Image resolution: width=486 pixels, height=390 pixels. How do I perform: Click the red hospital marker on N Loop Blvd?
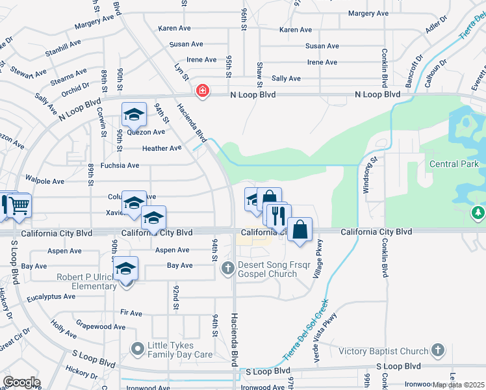[x=203, y=91]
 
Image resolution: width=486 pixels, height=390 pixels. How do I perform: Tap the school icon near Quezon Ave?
[x=134, y=116]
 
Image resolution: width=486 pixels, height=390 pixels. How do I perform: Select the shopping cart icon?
[x=19, y=205]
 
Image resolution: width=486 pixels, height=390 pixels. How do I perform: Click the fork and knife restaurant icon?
[x=279, y=214]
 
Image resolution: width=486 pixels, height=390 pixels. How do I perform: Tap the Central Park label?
[x=454, y=164]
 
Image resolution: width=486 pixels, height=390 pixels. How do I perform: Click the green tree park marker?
[x=479, y=213]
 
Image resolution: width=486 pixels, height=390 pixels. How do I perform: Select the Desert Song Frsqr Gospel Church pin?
[x=227, y=268]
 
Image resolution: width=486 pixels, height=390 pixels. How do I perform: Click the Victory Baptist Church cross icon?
[x=438, y=352]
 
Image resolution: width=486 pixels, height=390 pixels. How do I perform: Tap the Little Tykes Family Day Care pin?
[x=137, y=350]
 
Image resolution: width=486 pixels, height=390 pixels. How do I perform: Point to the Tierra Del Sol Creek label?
[x=307, y=330]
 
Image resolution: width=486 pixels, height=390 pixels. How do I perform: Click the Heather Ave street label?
[x=162, y=148]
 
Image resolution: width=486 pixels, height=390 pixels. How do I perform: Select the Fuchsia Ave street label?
[x=123, y=166]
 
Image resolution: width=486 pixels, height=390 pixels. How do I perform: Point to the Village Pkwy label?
[x=318, y=261]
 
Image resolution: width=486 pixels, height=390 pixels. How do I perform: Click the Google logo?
[x=21, y=382]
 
